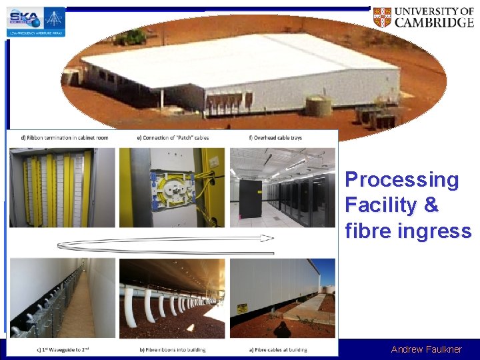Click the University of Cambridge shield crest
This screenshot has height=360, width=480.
382,17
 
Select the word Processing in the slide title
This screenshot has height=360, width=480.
402,179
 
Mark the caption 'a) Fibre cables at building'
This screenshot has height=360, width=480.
280,349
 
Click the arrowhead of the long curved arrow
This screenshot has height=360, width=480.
267,237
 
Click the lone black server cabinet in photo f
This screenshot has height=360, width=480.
251,199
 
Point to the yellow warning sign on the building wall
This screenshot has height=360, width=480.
242,309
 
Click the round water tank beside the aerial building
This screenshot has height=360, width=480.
319,105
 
